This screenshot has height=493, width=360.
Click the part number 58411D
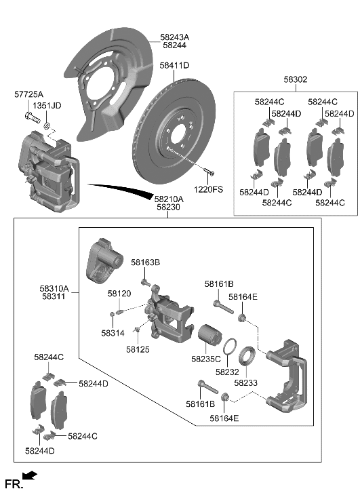174,66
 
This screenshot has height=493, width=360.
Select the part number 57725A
29,94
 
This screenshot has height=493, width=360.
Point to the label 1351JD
47,106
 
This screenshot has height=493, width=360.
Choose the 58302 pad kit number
295,79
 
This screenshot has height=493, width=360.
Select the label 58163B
145,262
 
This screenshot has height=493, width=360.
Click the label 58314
113,333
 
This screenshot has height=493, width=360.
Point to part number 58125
138,349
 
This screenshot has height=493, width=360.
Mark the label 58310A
54,288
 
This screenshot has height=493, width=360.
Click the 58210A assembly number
167,199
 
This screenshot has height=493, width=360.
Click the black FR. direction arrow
30,477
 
